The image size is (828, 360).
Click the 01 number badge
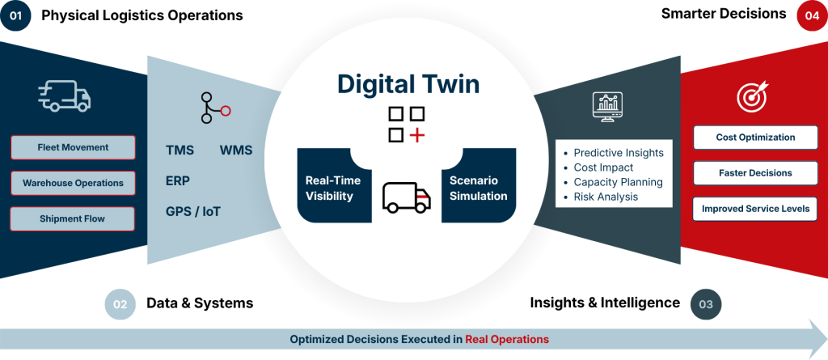coord(15,15)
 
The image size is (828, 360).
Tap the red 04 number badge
coord(812,15)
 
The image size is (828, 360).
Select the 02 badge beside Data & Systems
coord(120,304)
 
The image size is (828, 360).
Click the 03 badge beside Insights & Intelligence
coord(705,304)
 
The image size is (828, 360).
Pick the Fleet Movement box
coord(73,148)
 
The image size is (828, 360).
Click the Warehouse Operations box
coord(73,183)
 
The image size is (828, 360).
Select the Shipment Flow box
coord(73,218)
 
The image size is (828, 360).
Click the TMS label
coord(180,150)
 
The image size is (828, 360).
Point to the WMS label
coord(235,150)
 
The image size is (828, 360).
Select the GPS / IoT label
coord(193,212)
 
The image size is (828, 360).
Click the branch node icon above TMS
coord(214,108)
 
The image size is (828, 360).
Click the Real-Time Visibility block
coord(332,188)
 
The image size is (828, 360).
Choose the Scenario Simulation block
coord(478,188)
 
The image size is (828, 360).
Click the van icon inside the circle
coord(406,196)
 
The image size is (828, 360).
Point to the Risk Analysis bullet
coord(606,197)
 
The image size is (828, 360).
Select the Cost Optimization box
coord(755,138)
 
